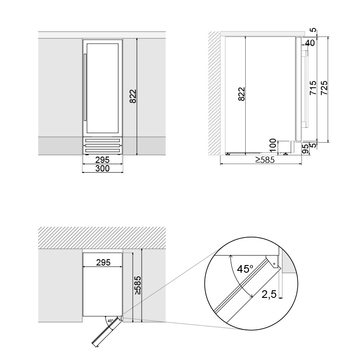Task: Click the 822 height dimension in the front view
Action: [133, 96]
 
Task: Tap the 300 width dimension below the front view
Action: [103, 169]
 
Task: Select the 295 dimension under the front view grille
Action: [103, 160]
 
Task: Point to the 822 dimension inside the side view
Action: [241, 94]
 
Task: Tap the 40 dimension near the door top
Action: [310, 43]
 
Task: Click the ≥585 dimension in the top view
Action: [138, 285]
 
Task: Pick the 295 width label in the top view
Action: [103, 263]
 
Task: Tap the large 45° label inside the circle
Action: [245, 270]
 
